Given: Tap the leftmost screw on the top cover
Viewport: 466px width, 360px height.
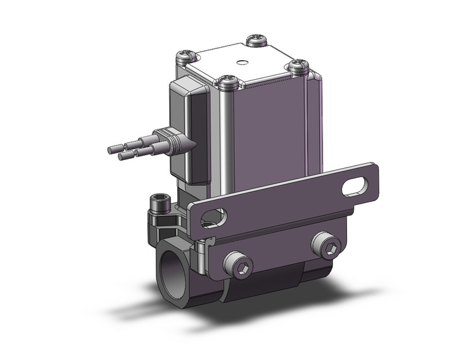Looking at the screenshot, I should (185, 59).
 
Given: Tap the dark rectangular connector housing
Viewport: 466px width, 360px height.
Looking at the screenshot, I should (191, 129).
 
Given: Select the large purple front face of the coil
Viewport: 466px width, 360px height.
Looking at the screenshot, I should (273, 135).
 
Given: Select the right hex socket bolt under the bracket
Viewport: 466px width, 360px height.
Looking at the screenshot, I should (330, 248).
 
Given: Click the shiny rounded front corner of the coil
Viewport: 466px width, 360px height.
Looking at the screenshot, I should (228, 141).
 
